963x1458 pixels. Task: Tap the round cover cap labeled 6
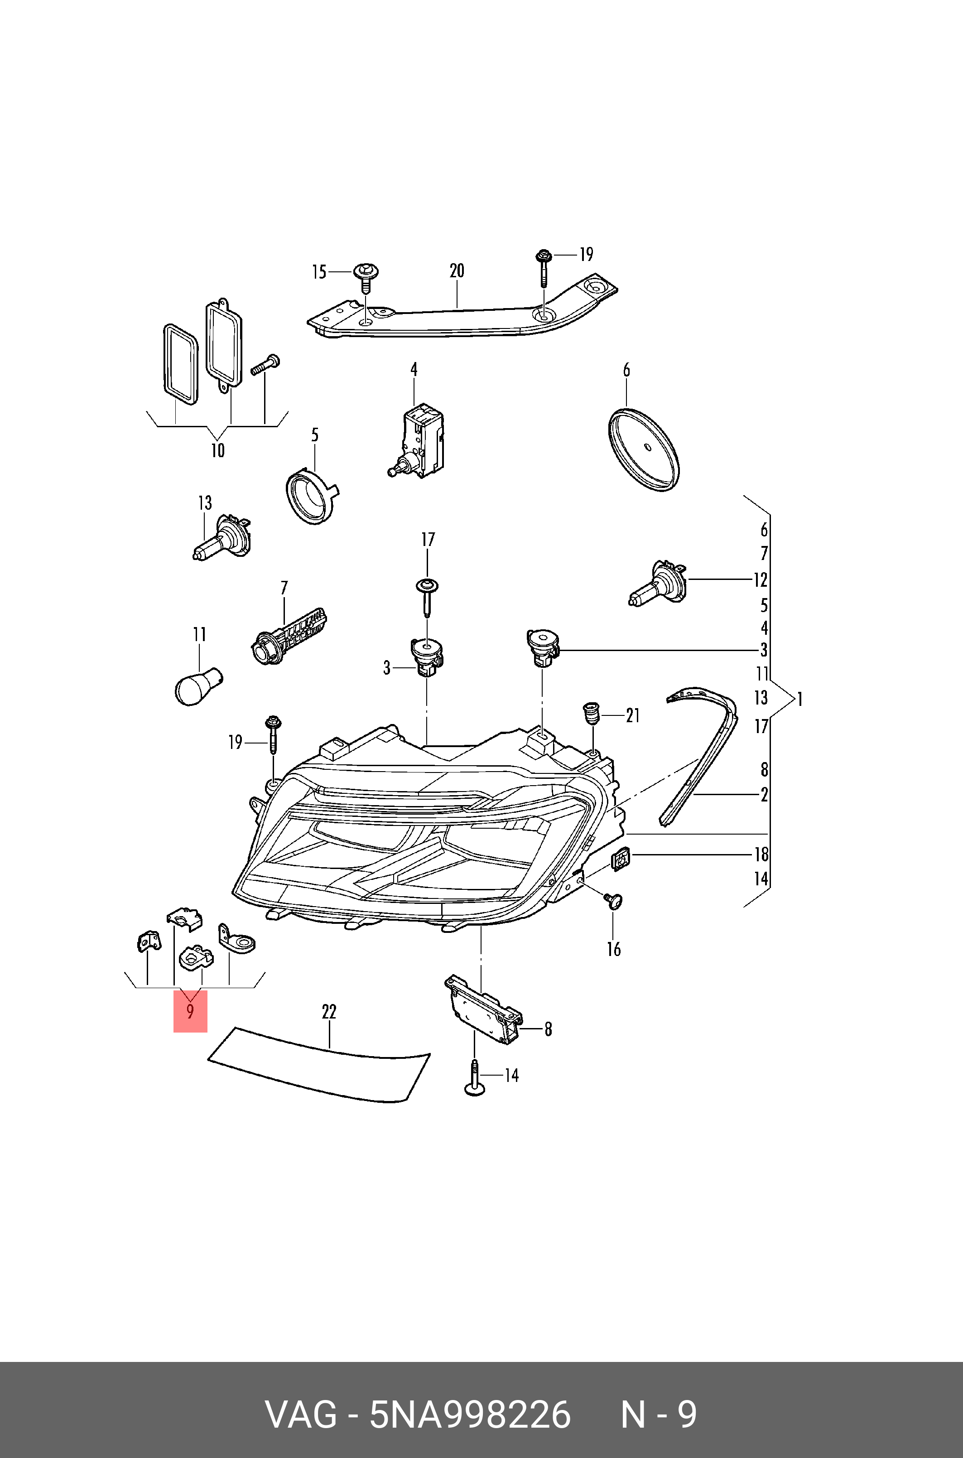coord(644,449)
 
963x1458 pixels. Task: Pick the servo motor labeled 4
coord(418,441)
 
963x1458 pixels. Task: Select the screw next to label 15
coord(366,280)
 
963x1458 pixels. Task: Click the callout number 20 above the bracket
coord(456,271)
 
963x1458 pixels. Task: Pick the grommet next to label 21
coord(590,713)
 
